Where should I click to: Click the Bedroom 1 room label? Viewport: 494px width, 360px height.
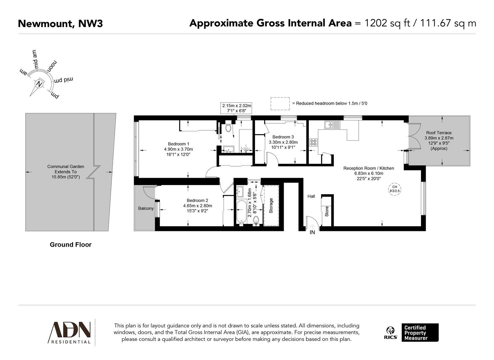click(178, 144)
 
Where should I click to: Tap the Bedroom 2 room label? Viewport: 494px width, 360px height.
click(197, 200)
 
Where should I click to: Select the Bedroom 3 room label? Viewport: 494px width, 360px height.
click(283, 137)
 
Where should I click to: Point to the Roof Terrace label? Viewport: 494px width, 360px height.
click(439, 133)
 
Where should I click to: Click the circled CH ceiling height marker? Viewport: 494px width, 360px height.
click(394, 189)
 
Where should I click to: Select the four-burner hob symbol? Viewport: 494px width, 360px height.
click(313, 142)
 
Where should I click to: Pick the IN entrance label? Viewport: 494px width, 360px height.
click(312, 232)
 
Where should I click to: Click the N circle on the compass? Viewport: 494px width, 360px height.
click(40, 84)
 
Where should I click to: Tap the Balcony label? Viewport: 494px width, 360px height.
click(146, 208)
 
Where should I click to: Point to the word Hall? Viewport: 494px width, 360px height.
click(311, 196)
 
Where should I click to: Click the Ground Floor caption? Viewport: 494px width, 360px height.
click(70, 245)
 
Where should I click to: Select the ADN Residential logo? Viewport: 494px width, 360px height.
click(70, 332)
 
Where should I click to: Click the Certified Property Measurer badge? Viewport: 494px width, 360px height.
click(420, 333)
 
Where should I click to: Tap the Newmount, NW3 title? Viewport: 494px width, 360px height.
click(60, 24)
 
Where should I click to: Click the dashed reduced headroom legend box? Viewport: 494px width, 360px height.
click(280, 103)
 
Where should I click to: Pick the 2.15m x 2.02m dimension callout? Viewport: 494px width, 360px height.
click(237, 108)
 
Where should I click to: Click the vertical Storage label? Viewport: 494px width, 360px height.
click(271, 206)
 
